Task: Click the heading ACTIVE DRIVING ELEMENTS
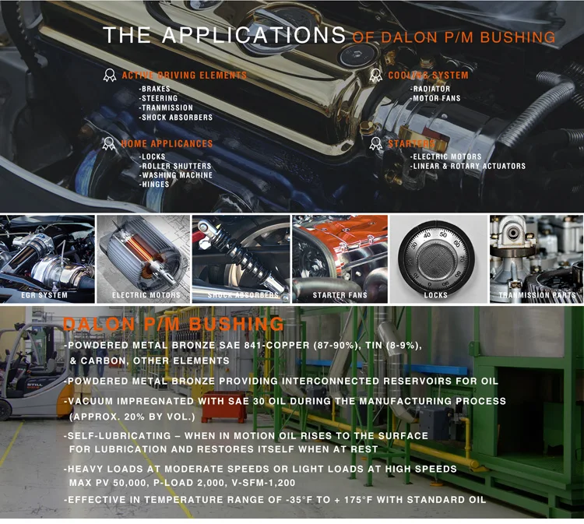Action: pyautogui.click(x=184, y=76)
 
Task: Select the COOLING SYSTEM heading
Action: pyautogui.click(x=428, y=76)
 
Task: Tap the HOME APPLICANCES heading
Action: pyautogui.click(x=167, y=144)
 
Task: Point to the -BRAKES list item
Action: pyautogui.click(x=155, y=90)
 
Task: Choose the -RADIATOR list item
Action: pyautogui.click(x=431, y=90)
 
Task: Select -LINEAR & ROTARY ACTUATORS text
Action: pyautogui.click(x=468, y=167)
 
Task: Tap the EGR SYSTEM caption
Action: pyautogui.click(x=44, y=296)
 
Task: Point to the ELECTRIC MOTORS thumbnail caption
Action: pyautogui.click(x=146, y=296)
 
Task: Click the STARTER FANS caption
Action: pyautogui.click(x=339, y=296)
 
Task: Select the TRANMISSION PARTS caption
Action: pyautogui.click(x=537, y=296)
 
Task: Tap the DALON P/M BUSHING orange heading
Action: pyautogui.click(x=174, y=324)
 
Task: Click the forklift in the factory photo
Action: pyautogui.click(x=31, y=374)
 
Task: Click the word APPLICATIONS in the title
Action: pyautogui.click(x=255, y=36)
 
